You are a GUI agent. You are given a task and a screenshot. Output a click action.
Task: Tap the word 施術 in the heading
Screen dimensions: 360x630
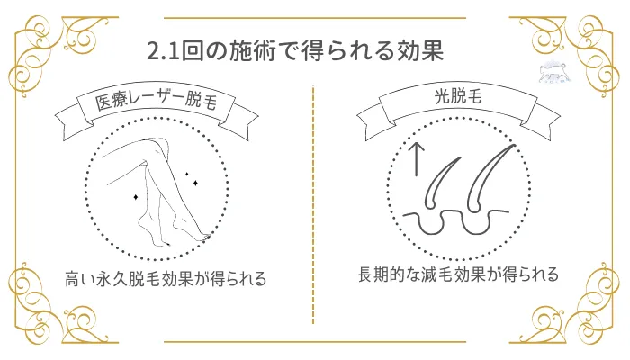pos(254,50)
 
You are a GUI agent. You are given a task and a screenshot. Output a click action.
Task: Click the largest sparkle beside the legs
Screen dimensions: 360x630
pos(135,194)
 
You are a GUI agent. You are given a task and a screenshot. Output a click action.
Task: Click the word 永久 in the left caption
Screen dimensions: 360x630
pos(114,279)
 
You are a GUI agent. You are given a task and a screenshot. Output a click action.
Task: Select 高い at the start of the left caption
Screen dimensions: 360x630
pos(80,279)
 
